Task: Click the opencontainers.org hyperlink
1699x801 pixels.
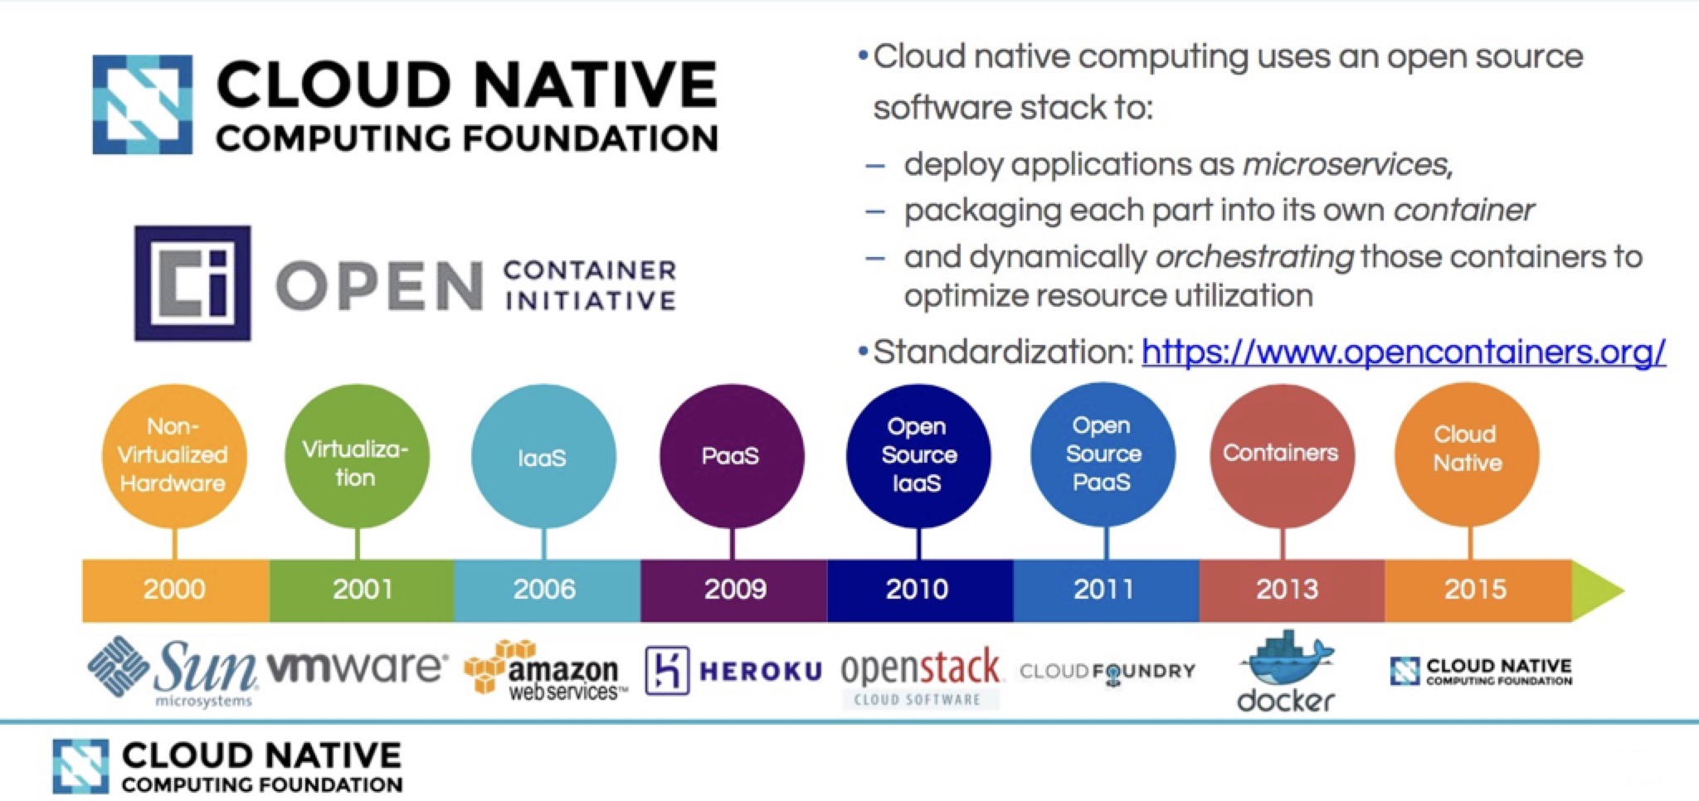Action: coord(1403,352)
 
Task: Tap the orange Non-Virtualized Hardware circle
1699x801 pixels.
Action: coord(174,455)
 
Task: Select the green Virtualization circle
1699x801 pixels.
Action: coord(357,455)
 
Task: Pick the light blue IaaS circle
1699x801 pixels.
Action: coord(543,455)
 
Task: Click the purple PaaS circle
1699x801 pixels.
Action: coord(731,455)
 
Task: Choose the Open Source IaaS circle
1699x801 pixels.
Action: coord(918,455)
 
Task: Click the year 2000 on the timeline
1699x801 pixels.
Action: coord(174,590)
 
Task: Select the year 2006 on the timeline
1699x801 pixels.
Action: coord(544,590)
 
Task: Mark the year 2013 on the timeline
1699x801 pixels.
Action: coord(1287,590)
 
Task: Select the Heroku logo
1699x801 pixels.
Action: coord(733,671)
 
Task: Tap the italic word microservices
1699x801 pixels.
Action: coord(1346,165)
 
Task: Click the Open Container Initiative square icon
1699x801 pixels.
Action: coord(192,283)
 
